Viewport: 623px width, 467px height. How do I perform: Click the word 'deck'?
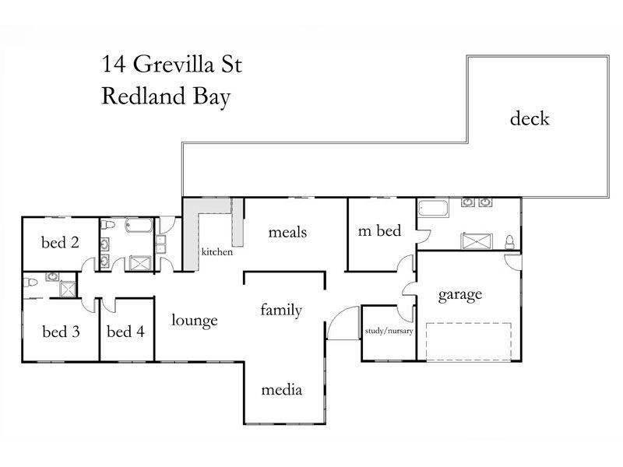530,119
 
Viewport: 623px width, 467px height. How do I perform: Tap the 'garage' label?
459,295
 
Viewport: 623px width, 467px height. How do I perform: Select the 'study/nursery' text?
389,332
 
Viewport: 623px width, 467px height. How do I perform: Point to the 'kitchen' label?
217,252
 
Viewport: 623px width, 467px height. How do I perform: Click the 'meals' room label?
287,232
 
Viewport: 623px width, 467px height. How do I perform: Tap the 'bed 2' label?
60,242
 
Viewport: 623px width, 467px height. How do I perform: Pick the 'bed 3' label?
61,332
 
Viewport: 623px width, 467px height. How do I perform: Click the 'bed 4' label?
125,332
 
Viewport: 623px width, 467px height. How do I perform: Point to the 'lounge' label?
195,320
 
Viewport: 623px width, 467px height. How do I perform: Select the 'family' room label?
281,311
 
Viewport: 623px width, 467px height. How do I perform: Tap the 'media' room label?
281,390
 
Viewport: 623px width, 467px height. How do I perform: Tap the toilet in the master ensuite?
510,242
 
